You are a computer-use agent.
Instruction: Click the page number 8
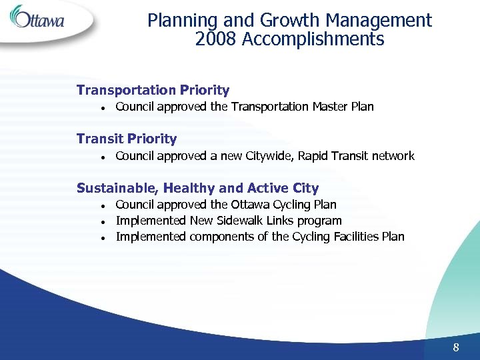point(456,347)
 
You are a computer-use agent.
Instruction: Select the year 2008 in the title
point(216,39)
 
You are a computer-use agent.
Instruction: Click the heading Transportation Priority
point(153,90)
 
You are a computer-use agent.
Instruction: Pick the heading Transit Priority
point(127,139)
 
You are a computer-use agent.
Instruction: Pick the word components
point(221,237)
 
